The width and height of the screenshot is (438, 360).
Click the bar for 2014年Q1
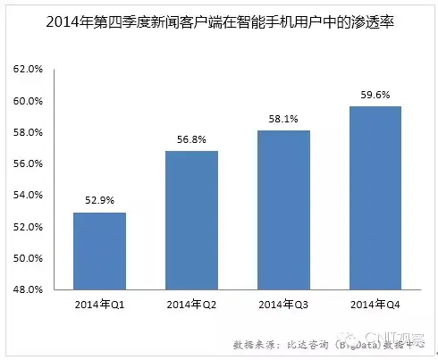(99, 251)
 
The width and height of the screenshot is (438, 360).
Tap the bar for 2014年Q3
(283, 210)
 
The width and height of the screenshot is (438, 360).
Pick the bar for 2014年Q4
(375, 198)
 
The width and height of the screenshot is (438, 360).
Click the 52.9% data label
(99, 201)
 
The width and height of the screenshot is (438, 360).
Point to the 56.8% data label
(191, 139)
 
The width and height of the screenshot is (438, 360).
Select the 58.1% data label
(283, 119)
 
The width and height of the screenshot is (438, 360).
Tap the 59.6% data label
(375, 95)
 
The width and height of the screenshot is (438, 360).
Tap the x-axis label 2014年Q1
(99, 305)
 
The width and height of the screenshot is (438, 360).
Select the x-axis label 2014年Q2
(191, 305)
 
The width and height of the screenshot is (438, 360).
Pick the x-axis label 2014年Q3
(283, 305)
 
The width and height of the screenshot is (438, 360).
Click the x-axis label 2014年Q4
(375, 305)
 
